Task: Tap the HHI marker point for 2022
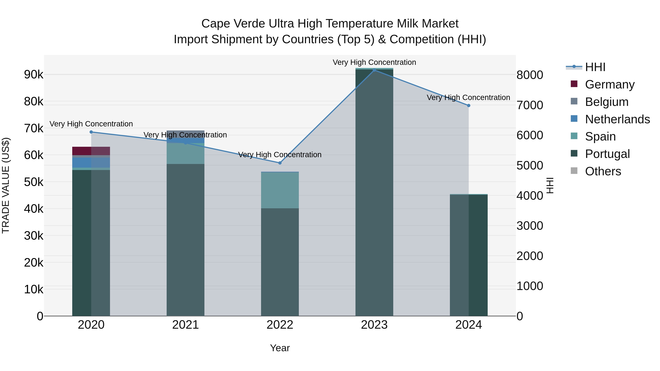coord(280,163)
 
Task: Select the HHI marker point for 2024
coord(469,106)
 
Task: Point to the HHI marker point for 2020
coord(91,132)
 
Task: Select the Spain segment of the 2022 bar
coord(280,190)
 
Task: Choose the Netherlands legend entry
coord(617,119)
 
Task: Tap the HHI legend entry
coord(595,67)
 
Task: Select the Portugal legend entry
coord(607,154)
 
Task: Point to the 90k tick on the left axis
coord(34,75)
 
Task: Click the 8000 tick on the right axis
coord(530,75)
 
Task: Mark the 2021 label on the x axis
coord(186,325)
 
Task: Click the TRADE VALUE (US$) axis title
coord(6,185)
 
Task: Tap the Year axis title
coord(280,348)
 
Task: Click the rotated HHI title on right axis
coord(550,185)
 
